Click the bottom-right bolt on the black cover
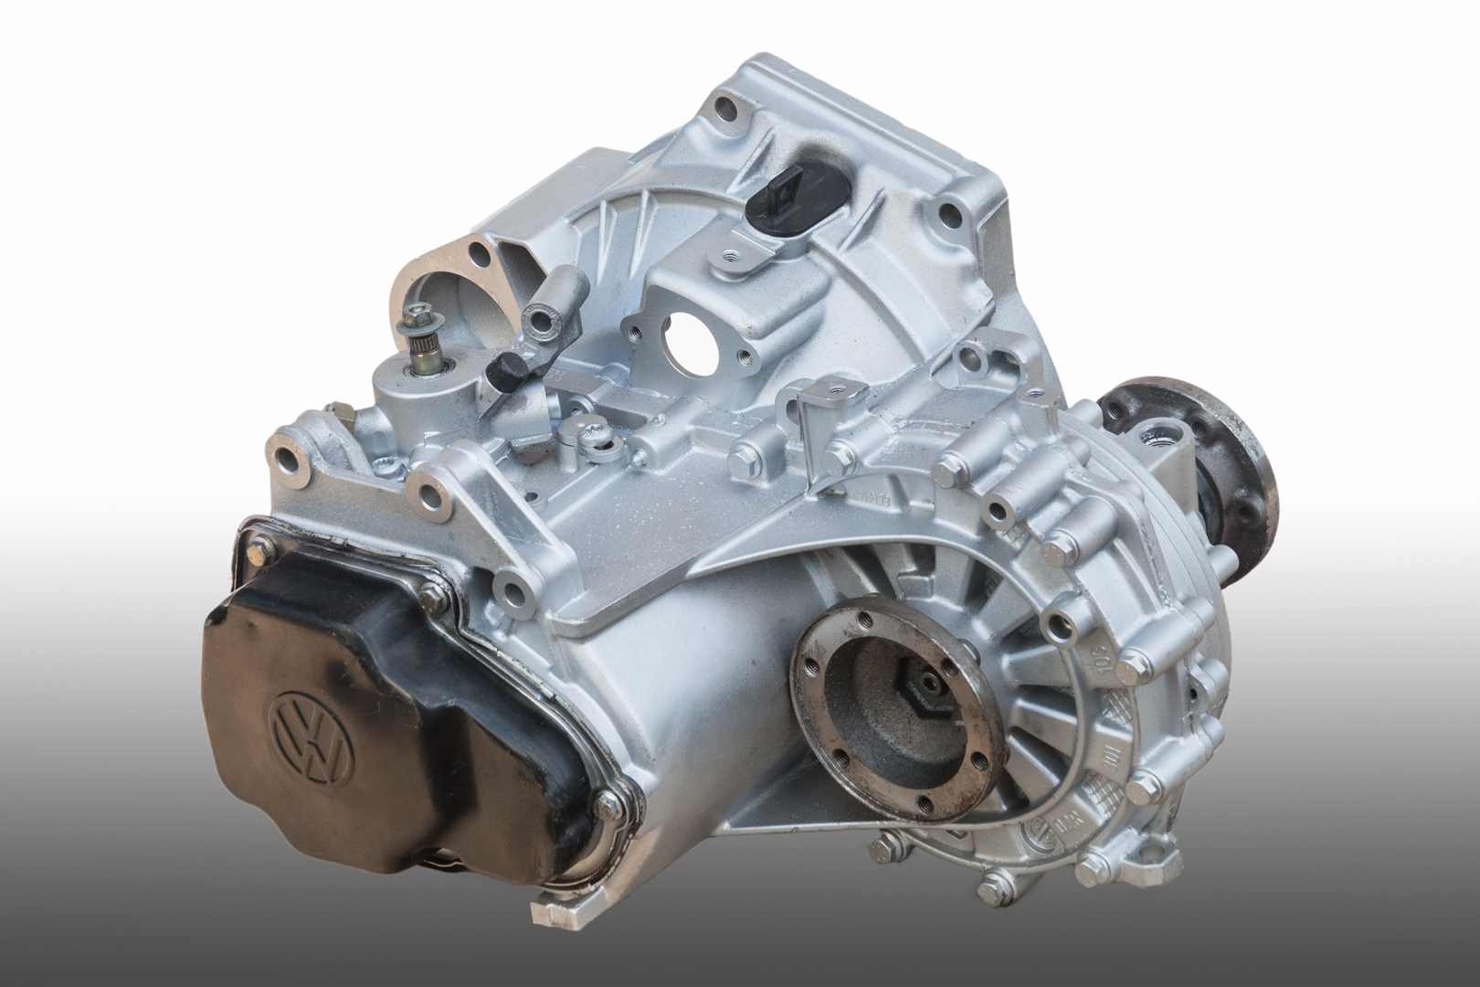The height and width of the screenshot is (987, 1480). [x=608, y=806]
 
